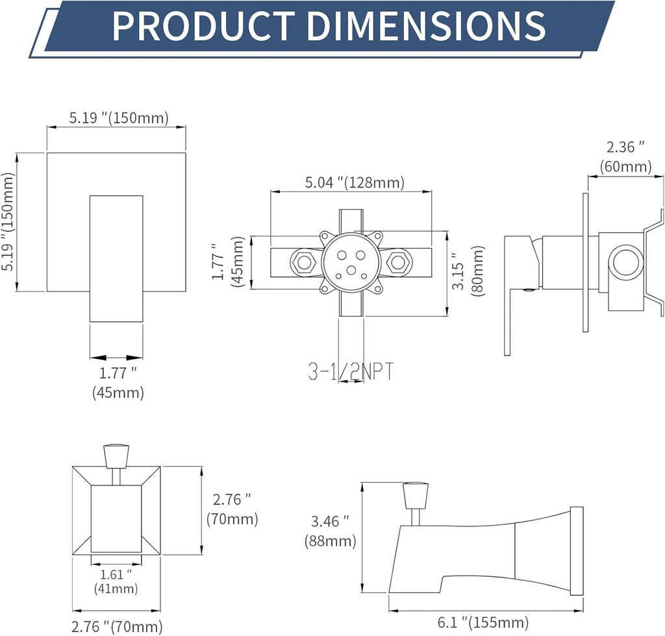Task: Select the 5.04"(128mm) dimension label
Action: click(x=355, y=182)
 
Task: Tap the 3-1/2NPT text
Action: click(x=351, y=372)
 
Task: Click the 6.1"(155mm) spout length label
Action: click(x=482, y=622)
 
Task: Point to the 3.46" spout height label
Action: click(x=329, y=520)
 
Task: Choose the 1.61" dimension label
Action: click(x=116, y=574)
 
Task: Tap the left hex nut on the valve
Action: click(x=302, y=263)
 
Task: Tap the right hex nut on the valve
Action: click(x=397, y=263)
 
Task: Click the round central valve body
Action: click(x=351, y=263)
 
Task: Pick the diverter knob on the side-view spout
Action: click(x=416, y=496)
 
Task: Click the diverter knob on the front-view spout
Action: click(x=116, y=456)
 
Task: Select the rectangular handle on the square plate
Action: click(x=116, y=258)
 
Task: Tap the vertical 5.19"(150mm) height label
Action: click(x=8, y=222)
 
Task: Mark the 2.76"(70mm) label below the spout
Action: click(x=117, y=627)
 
